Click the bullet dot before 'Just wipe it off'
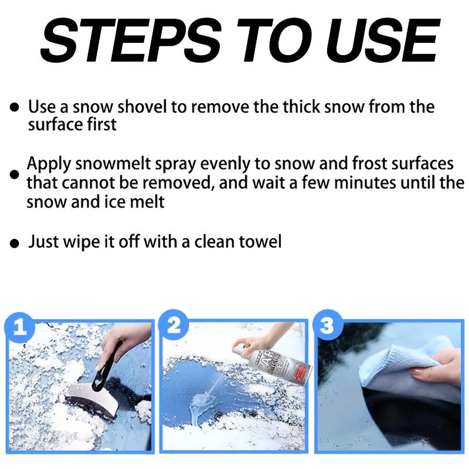[x=15, y=243]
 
